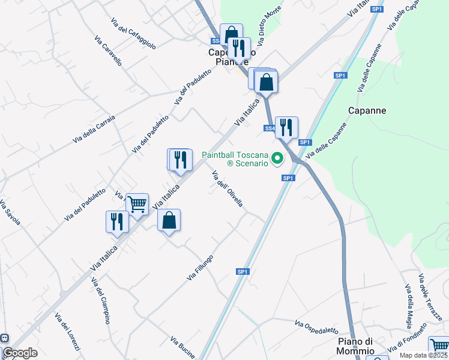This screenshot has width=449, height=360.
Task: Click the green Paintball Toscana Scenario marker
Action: [277, 159]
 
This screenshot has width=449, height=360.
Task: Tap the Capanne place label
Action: [367, 111]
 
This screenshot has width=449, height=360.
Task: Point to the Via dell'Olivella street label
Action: [228, 188]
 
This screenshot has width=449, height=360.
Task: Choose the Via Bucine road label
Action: [182, 347]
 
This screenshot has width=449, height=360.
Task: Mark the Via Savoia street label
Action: [10, 212]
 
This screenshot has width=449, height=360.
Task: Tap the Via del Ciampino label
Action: [100, 301]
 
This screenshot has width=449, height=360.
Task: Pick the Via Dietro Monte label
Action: [269, 26]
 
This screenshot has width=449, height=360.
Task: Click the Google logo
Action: [20, 353]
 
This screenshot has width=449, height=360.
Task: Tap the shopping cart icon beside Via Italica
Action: [137, 205]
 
